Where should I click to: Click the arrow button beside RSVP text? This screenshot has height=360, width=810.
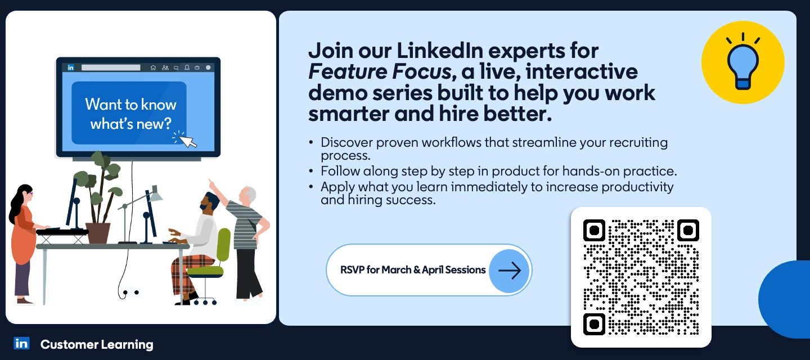coord(509,271)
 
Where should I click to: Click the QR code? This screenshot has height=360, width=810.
coord(641,277)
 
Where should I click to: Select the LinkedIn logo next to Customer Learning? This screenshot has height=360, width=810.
coord(22,344)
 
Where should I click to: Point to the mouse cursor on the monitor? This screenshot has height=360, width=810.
coord(187,139)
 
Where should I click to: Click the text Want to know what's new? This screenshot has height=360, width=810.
coord(130,114)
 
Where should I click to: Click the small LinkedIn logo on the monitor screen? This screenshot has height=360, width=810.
coord(71,67)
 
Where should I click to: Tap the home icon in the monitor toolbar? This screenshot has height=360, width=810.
coord(153,67)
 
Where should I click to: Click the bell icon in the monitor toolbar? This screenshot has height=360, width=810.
coord(187,67)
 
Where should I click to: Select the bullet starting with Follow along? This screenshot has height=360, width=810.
coord(498,171)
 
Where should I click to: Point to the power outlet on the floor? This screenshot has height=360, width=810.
coord(130,292)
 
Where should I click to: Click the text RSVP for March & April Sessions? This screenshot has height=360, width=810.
coord(413,270)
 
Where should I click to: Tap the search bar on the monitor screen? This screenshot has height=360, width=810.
coord(111,67)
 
